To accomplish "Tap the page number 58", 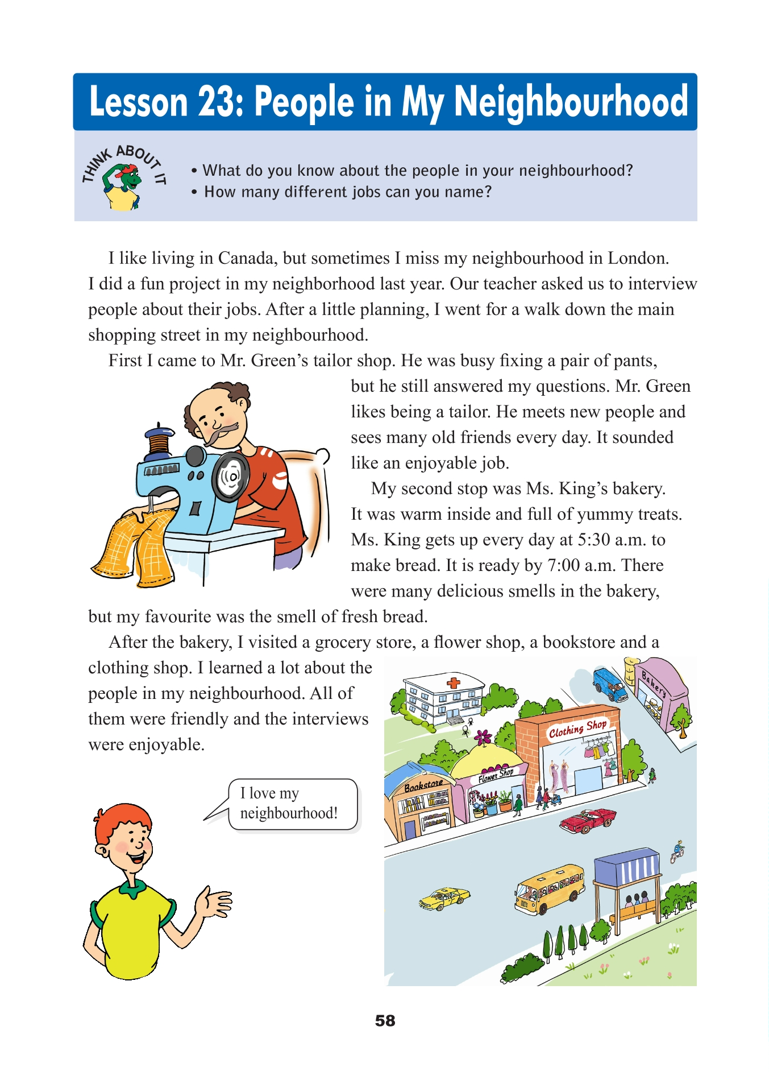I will tap(385, 1020).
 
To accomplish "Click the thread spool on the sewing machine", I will tap(159, 440).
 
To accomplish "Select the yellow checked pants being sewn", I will tap(135, 547).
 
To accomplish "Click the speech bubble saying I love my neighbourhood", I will tap(292, 803).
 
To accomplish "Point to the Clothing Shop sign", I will tap(577, 728).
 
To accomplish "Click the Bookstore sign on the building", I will tap(423, 785).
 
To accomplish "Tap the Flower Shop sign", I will tap(496, 774).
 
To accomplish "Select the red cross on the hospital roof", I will tap(453, 682).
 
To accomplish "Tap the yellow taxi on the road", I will tap(444, 897).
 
